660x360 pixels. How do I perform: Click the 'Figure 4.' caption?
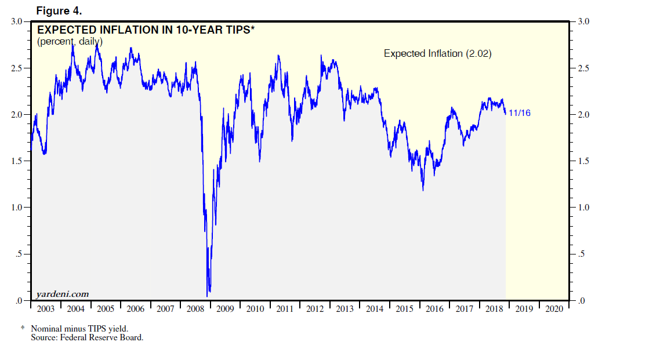(x=60, y=11)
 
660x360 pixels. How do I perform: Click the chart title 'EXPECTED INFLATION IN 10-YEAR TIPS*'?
(x=146, y=30)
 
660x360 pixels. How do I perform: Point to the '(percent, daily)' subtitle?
(x=70, y=41)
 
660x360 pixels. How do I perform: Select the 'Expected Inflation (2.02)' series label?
(x=438, y=53)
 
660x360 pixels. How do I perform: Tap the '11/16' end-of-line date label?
(x=519, y=113)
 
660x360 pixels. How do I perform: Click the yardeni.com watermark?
(x=63, y=294)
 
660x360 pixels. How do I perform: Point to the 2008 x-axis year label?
(x=195, y=309)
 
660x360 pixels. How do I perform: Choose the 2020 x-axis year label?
(x=553, y=309)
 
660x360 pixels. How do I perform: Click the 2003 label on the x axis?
(x=45, y=309)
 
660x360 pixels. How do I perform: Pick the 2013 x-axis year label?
(x=344, y=309)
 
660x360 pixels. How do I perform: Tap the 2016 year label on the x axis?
(x=434, y=309)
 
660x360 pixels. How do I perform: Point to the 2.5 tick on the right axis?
(x=581, y=68)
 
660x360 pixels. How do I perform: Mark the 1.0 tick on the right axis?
(x=581, y=208)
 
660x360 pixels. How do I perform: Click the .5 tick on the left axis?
(x=20, y=254)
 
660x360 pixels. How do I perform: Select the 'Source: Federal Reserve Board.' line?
(x=87, y=337)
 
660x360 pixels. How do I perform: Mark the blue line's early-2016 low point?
(x=423, y=190)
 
